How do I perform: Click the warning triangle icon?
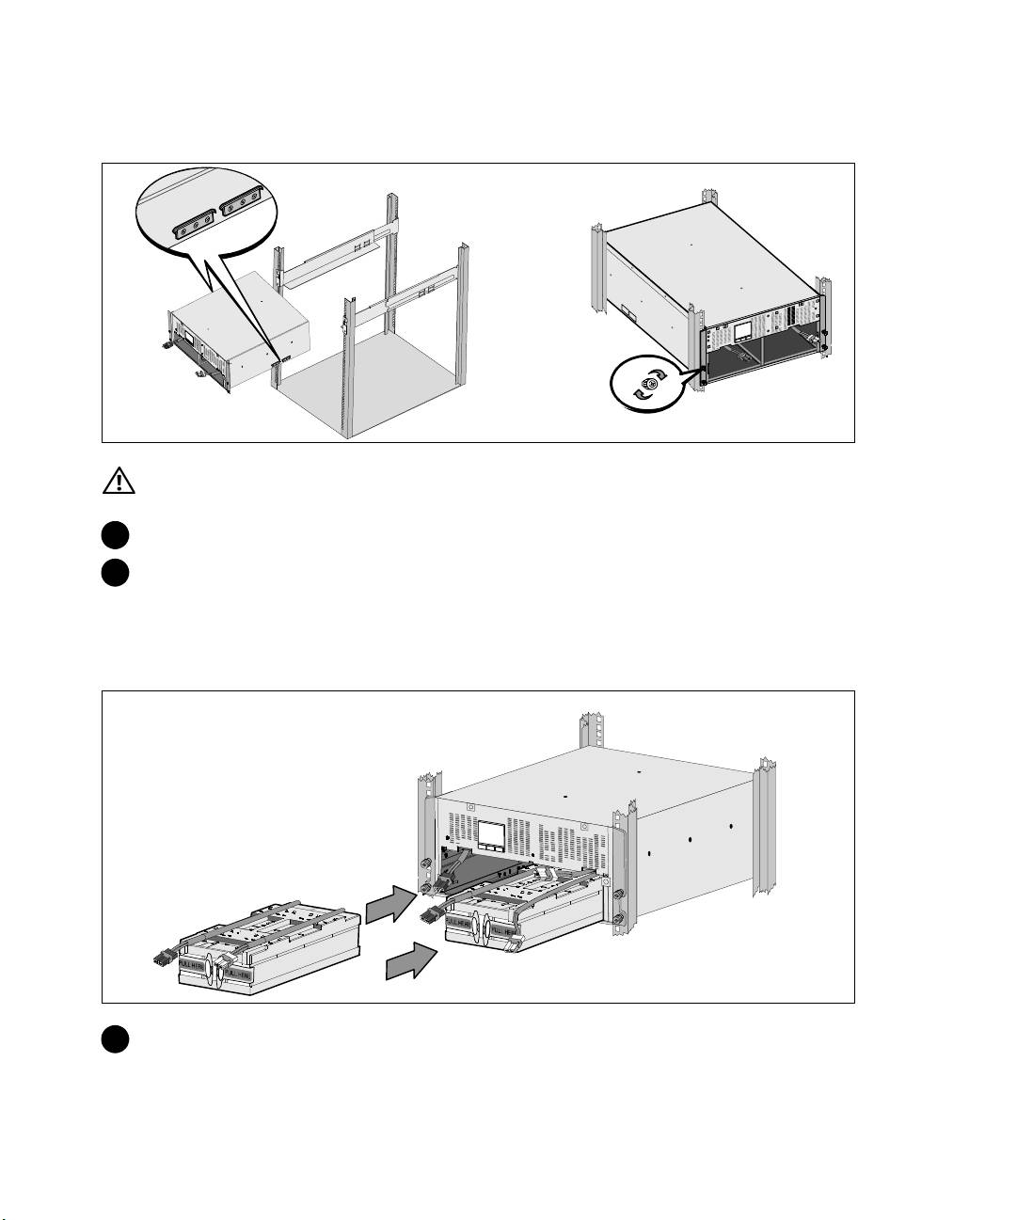click(119, 482)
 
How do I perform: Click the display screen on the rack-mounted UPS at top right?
click(741, 330)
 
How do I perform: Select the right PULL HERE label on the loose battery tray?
click(237, 965)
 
